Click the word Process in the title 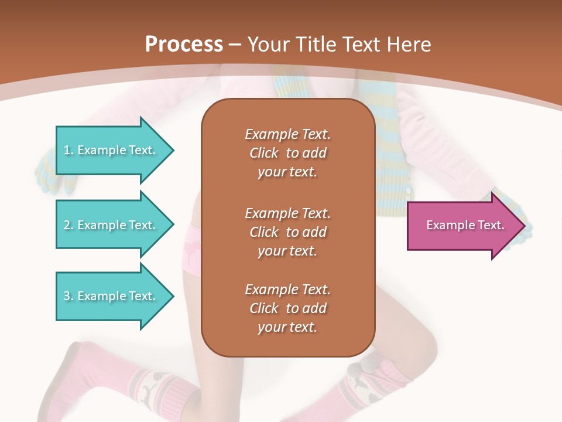(184, 45)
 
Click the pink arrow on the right (462, 226)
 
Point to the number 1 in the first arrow (67, 150)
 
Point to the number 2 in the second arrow (67, 225)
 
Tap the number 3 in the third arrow (67, 296)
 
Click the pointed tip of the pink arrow (523, 226)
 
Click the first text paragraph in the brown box (287, 153)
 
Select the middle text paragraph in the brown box (287, 232)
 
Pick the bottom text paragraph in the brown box (287, 308)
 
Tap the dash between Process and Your (235, 45)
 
